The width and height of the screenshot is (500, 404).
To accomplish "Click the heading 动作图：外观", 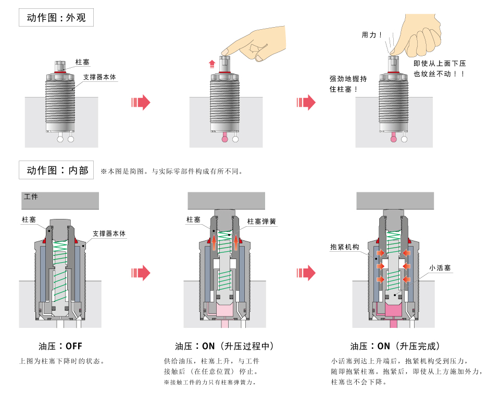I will click(x=56, y=18).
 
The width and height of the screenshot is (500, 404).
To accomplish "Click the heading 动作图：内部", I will click(x=56, y=170).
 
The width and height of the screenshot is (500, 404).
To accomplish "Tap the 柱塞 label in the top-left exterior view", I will click(x=82, y=62).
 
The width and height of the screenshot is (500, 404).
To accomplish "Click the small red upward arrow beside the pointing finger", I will click(x=211, y=64).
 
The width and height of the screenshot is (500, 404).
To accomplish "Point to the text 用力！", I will click(x=372, y=35).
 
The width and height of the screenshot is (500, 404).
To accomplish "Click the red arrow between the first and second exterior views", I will click(x=141, y=102).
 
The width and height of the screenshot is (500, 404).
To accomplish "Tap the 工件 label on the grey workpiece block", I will click(x=31, y=197).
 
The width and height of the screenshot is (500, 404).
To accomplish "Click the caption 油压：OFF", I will click(x=60, y=346).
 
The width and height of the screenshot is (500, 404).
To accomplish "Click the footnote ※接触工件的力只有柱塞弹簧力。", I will click(x=212, y=382).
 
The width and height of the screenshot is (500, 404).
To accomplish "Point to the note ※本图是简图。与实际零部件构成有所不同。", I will click(x=171, y=171).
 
